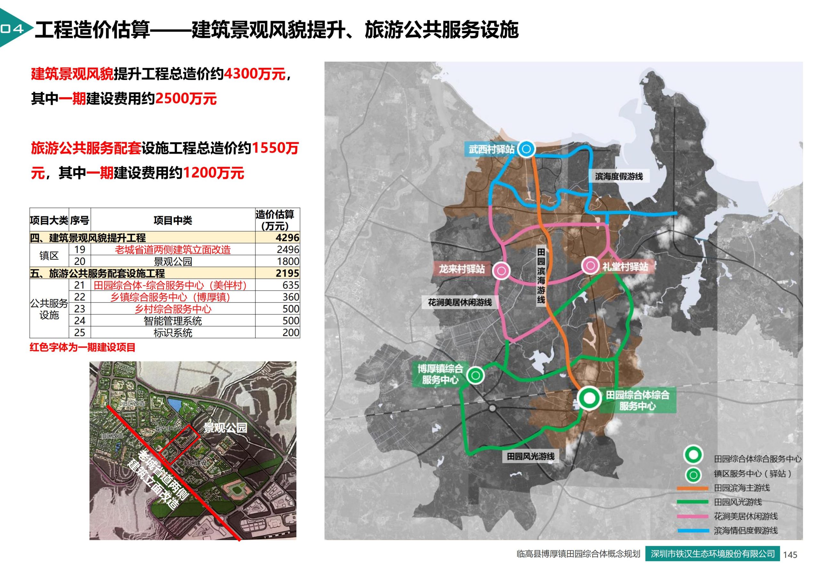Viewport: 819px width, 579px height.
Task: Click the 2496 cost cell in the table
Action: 288,250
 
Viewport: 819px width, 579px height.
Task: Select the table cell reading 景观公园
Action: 173,261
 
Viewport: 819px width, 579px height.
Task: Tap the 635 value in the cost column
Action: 290,285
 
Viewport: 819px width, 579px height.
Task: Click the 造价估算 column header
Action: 275,220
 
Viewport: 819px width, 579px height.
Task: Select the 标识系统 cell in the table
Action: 173,333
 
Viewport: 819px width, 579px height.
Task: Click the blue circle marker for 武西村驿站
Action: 526,149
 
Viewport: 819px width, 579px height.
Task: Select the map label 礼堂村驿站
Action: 625,266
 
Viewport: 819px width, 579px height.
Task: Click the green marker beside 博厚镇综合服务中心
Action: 475,375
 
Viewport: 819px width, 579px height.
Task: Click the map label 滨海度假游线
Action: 618,176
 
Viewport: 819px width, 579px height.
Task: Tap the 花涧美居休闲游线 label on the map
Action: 460,303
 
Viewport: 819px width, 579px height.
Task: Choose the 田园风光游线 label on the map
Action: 530,456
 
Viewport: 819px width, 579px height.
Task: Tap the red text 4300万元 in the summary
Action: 255,74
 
